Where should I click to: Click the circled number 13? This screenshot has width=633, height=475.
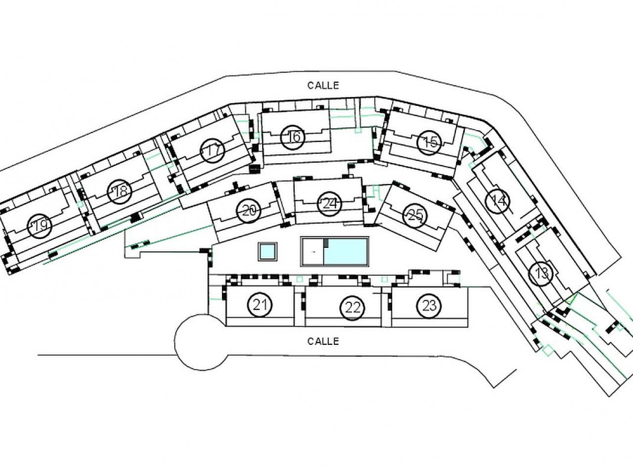click(542, 273)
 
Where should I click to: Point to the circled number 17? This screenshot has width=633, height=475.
click(213, 150)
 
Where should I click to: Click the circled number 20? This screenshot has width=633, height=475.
click(250, 212)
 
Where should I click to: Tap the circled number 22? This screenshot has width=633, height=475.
click(352, 308)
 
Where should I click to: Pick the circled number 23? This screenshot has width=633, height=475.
click(429, 306)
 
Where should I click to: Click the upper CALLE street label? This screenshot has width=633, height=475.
click(323, 85)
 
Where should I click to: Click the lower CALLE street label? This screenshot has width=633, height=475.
click(323, 341)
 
